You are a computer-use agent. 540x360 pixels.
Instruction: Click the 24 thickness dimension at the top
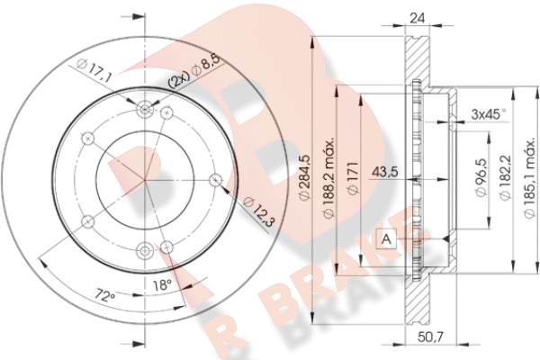[417, 18]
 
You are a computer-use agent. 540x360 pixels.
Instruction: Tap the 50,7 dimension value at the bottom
[430, 337]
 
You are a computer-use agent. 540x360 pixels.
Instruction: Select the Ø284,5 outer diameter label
[305, 177]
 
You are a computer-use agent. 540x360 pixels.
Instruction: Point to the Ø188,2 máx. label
[328, 178]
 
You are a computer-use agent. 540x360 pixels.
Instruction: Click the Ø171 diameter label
[353, 178]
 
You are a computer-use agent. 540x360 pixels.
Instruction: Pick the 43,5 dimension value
[385, 171]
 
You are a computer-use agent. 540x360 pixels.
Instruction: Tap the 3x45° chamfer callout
[489, 113]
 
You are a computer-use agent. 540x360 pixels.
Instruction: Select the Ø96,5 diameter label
[481, 177]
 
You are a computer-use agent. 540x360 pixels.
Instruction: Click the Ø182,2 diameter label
[505, 177]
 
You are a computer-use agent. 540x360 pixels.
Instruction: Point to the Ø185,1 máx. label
[530, 178]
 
